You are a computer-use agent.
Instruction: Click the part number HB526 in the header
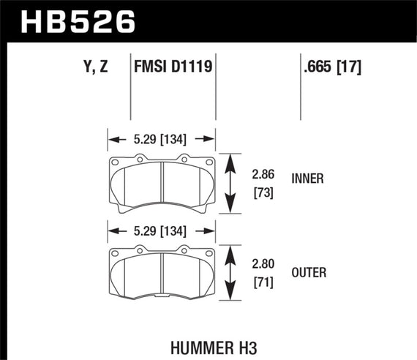pyautogui.click(x=79, y=21)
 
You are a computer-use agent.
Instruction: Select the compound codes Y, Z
pyautogui.click(x=97, y=68)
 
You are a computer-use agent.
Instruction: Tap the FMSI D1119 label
pyautogui.click(x=173, y=68)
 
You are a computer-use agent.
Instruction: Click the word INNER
pyautogui.click(x=307, y=178)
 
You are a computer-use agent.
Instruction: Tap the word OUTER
pyautogui.click(x=308, y=273)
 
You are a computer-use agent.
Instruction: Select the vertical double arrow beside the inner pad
pyautogui.click(x=230, y=183)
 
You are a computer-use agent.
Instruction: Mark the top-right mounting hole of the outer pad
pyautogui.click(x=209, y=256)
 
